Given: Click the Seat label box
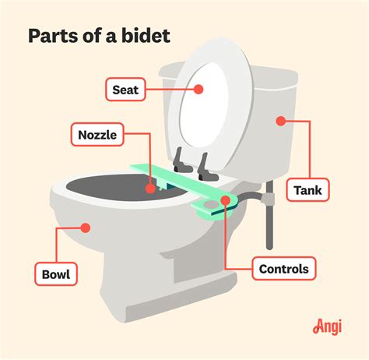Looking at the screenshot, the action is tap(125, 90).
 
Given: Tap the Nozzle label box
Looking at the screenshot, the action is tap(97, 135).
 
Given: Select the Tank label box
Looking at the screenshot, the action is tap(307, 190).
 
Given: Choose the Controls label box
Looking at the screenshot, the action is tap(284, 269).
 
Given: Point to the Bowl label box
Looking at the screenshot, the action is tap(56, 274).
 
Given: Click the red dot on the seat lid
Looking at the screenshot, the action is tap(199, 90).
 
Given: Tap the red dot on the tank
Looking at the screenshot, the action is tap(280, 121).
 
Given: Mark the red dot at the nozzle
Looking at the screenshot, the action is tap(150, 189).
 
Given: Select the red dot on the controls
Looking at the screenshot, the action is tap(226, 200).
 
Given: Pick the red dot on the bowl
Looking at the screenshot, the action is tap(85, 228).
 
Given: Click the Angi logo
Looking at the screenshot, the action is tap(327, 327).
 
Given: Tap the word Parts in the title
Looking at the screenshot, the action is tap(54, 36).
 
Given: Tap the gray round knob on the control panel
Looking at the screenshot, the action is tap(211, 205).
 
